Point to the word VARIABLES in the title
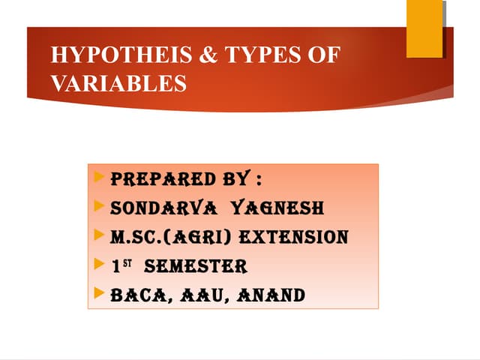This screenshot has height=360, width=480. [118, 83]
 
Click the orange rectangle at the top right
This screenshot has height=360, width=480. [424, 28]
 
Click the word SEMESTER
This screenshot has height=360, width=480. [195, 266]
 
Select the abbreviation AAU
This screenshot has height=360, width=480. [203, 295]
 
